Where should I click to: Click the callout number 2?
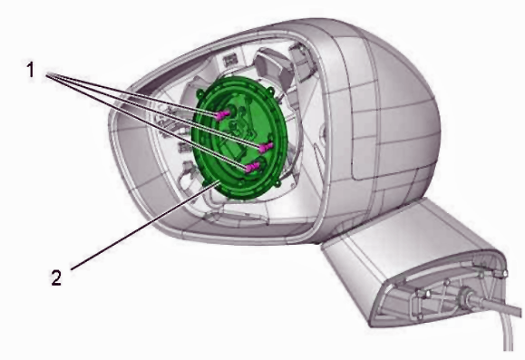coord(56,277)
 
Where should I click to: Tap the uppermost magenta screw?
coord(222,115)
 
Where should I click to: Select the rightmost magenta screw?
coord(266,147)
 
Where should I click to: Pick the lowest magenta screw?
coord(252,167)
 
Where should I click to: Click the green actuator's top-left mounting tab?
coord(200,93)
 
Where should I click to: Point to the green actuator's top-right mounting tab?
coord(270,91)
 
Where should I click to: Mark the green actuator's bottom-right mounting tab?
coord(277,183)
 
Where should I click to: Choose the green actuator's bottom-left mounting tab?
coord(207,183)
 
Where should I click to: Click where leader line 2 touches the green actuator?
coord(219,181)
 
